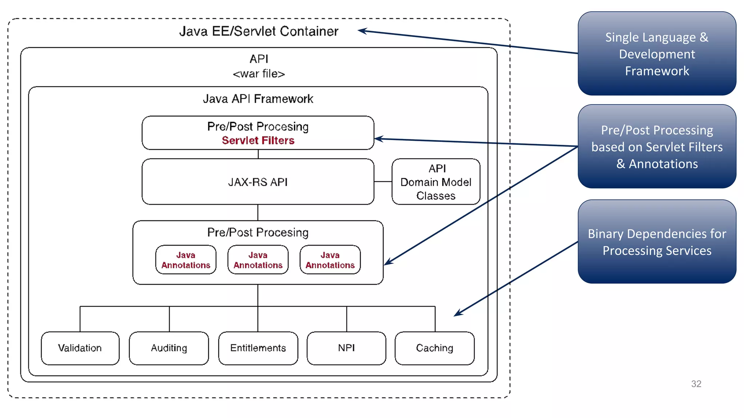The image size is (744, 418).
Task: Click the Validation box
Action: [80, 348]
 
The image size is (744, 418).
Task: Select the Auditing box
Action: [169, 348]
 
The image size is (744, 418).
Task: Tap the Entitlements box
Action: [258, 348]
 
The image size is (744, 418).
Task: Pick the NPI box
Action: [346, 348]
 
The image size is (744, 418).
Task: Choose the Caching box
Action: [434, 348]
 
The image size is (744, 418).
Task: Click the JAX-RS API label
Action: [258, 182]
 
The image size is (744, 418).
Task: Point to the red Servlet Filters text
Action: [258, 140]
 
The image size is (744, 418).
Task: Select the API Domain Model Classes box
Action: [436, 182]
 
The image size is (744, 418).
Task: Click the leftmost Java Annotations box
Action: [186, 260]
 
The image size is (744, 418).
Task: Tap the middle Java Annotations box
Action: [258, 260]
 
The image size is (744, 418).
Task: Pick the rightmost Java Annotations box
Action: [330, 260]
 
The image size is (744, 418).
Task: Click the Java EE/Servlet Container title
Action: [259, 31]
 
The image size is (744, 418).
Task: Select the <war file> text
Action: [259, 74]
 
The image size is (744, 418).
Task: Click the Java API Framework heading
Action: [258, 99]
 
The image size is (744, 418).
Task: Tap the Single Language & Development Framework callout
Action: [657, 54]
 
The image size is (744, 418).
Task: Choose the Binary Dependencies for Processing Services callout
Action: [657, 242]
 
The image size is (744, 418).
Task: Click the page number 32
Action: [696, 384]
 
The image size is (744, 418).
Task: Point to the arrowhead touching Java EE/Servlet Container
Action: [362, 31]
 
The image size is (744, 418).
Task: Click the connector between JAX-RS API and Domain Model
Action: [383, 181]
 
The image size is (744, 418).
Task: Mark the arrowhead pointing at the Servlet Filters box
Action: [378, 139]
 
